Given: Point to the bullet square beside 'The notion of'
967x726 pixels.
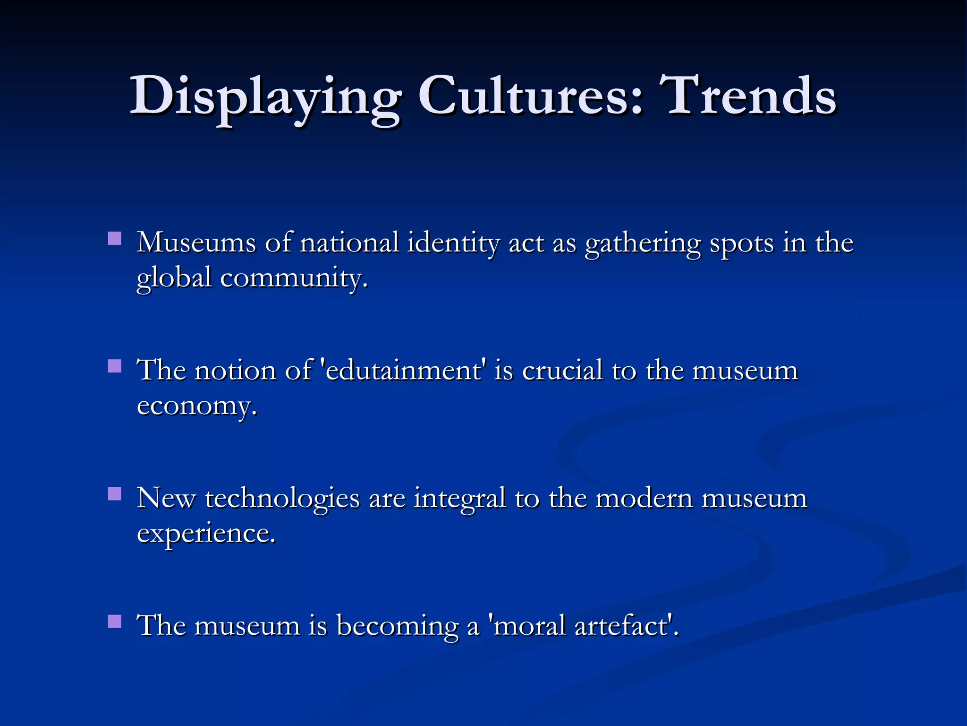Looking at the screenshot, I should pyautogui.click(x=115, y=366).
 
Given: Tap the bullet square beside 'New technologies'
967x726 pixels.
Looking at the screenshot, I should pyautogui.click(x=115, y=493).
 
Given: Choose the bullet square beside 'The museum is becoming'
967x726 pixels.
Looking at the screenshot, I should pyautogui.click(x=115, y=621).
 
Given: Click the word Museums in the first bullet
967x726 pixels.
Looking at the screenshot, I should pyautogui.click(x=196, y=243).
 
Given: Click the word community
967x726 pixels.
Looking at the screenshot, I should pyautogui.click(x=293, y=279).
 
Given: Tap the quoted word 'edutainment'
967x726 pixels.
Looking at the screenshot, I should pyautogui.click(x=403, y=371).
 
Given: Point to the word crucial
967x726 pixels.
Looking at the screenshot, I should pyautogui.click(x=562, y=371).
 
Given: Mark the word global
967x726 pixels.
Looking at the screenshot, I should pyautogui.click(x=174, y=279).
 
